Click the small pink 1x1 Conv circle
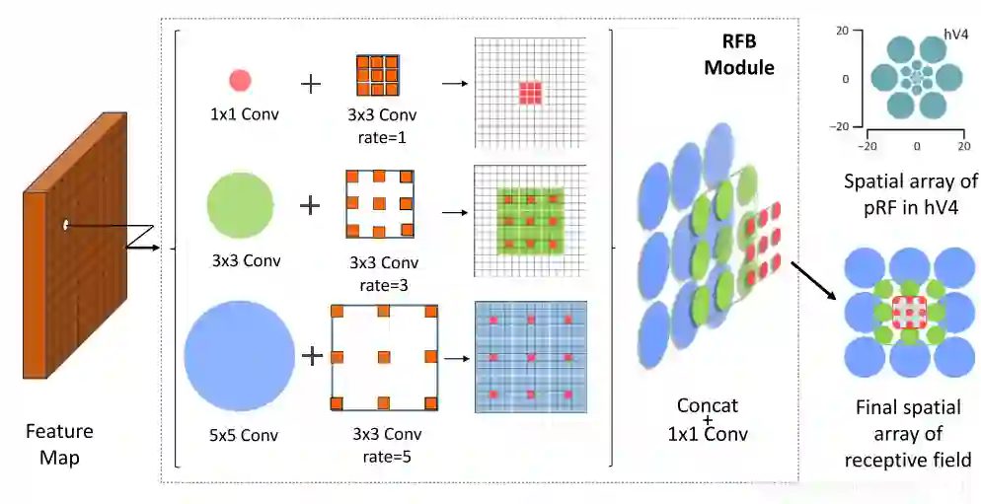click(240, 81)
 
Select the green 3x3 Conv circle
click(240, 205)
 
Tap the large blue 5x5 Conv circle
click(240, 356)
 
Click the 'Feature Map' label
click(59, 444)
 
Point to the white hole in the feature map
click(66, 226)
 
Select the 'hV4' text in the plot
click(955, 35)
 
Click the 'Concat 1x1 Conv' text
click(707, 420)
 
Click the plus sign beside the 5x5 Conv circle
click(312, 355)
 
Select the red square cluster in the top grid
click(531, 93)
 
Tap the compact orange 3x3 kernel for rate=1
click(376, 75)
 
